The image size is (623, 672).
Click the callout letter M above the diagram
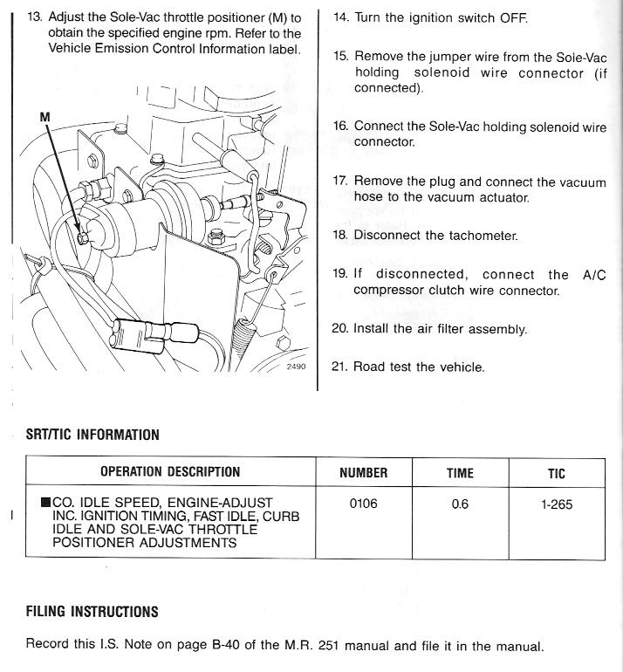pos(45,116)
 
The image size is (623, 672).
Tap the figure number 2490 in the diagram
pos(298,367)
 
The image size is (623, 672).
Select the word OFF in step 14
pos(513,17)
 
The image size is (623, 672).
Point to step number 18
pos(340,236)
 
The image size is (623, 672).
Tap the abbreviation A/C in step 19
pos(593,274)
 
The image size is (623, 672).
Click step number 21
pos(340,367)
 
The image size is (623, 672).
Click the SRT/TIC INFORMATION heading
pos(92,435)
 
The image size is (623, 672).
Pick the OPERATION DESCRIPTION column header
pos(170,472)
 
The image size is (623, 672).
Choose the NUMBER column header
pos(363,473)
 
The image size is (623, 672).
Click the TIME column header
pos(460,473)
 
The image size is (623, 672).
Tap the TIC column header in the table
pos(556,473)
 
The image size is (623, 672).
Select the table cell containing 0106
pos(363,504)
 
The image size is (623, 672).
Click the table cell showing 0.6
pos(460,504)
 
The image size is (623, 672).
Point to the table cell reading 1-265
pos(556,504)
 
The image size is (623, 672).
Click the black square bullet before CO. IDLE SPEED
pos(45,503)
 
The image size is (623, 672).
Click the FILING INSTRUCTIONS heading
pos(92,611)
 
